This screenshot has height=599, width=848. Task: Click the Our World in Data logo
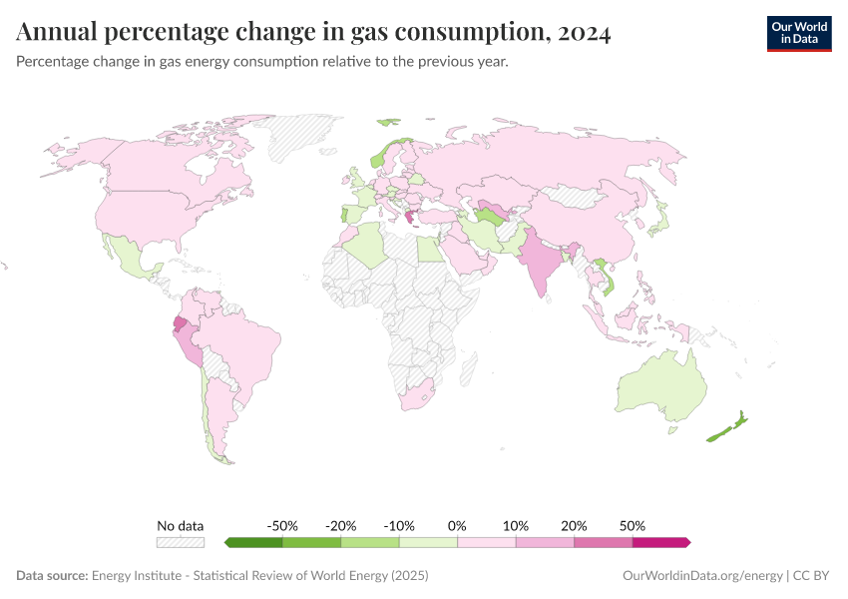click(798, 33)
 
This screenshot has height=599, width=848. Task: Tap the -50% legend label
click(282, 525)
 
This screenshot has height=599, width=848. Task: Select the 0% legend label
click(457, 525)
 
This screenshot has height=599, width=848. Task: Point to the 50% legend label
click(632, 525)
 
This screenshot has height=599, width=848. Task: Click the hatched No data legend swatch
click(180, 542)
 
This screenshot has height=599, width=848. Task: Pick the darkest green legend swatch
click(253, 542)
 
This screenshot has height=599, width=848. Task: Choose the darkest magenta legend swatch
click(660, 542)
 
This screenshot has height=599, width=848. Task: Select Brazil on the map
click(244, 344)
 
